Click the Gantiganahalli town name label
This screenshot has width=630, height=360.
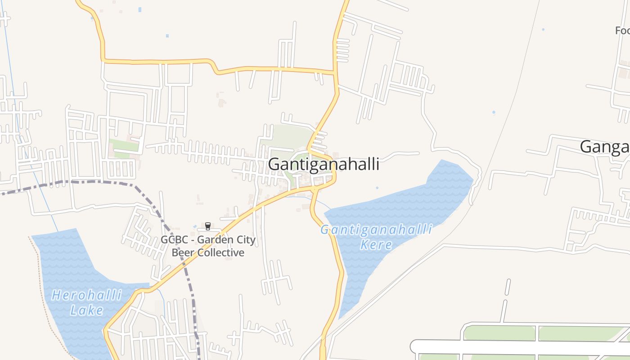click(x=324, y=164)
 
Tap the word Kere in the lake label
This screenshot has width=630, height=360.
click(x=376, y=245)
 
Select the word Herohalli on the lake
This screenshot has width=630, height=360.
click(x=87, y=296)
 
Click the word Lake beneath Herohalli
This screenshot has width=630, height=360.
click(x=87, y=310)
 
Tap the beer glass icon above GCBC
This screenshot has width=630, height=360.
click(x=208, y=226)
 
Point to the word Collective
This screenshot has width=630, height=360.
click(x=220, y=252)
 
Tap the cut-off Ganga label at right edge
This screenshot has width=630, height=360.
click(x=605, y=147)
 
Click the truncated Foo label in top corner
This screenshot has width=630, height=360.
click(x=622, y=31)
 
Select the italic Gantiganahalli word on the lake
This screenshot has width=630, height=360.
click(x=376, y=230)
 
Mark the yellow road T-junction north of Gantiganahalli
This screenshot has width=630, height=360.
click(x=335, y=72)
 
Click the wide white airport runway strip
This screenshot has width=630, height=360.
click(x=517, y=346)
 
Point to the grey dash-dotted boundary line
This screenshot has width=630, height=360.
click(x=90, y=182)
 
